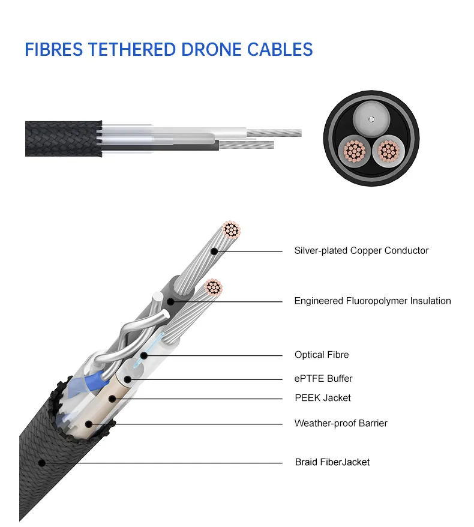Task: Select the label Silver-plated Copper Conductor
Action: [x=361, y=250]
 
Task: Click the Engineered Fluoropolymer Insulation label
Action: [x=372, y=301]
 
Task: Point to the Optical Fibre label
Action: [x=321, y=355]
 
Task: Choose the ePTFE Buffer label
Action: [x=323, y=379]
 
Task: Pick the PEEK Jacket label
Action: [x=322, y=398]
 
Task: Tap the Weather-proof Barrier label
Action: [x=340, y=423]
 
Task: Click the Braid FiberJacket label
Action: [x=332, y=462]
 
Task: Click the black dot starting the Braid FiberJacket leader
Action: [x=41, y=462]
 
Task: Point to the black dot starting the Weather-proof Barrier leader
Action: [x=89, y=424]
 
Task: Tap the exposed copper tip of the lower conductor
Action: [x=212, y=288]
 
